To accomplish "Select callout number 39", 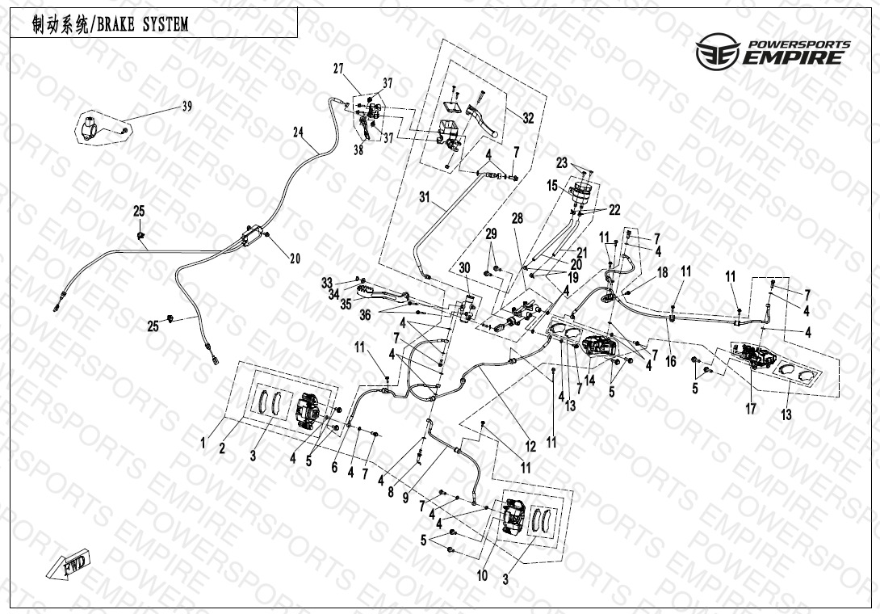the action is (186, 106).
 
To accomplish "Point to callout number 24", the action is (298, 132).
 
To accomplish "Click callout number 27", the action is (337, 69).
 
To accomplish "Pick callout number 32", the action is (528, 118).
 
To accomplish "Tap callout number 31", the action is (425, 196).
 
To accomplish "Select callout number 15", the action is (552, 185).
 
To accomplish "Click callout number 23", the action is (562, 163).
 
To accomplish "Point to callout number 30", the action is (464, 268).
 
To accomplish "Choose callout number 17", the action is (750, 409).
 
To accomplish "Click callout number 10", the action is (482, 576).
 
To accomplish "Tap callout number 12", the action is (530, 447).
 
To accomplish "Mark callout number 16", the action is (671, 362).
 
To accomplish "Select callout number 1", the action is (203, 444).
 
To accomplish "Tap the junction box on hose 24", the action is (252, 235).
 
